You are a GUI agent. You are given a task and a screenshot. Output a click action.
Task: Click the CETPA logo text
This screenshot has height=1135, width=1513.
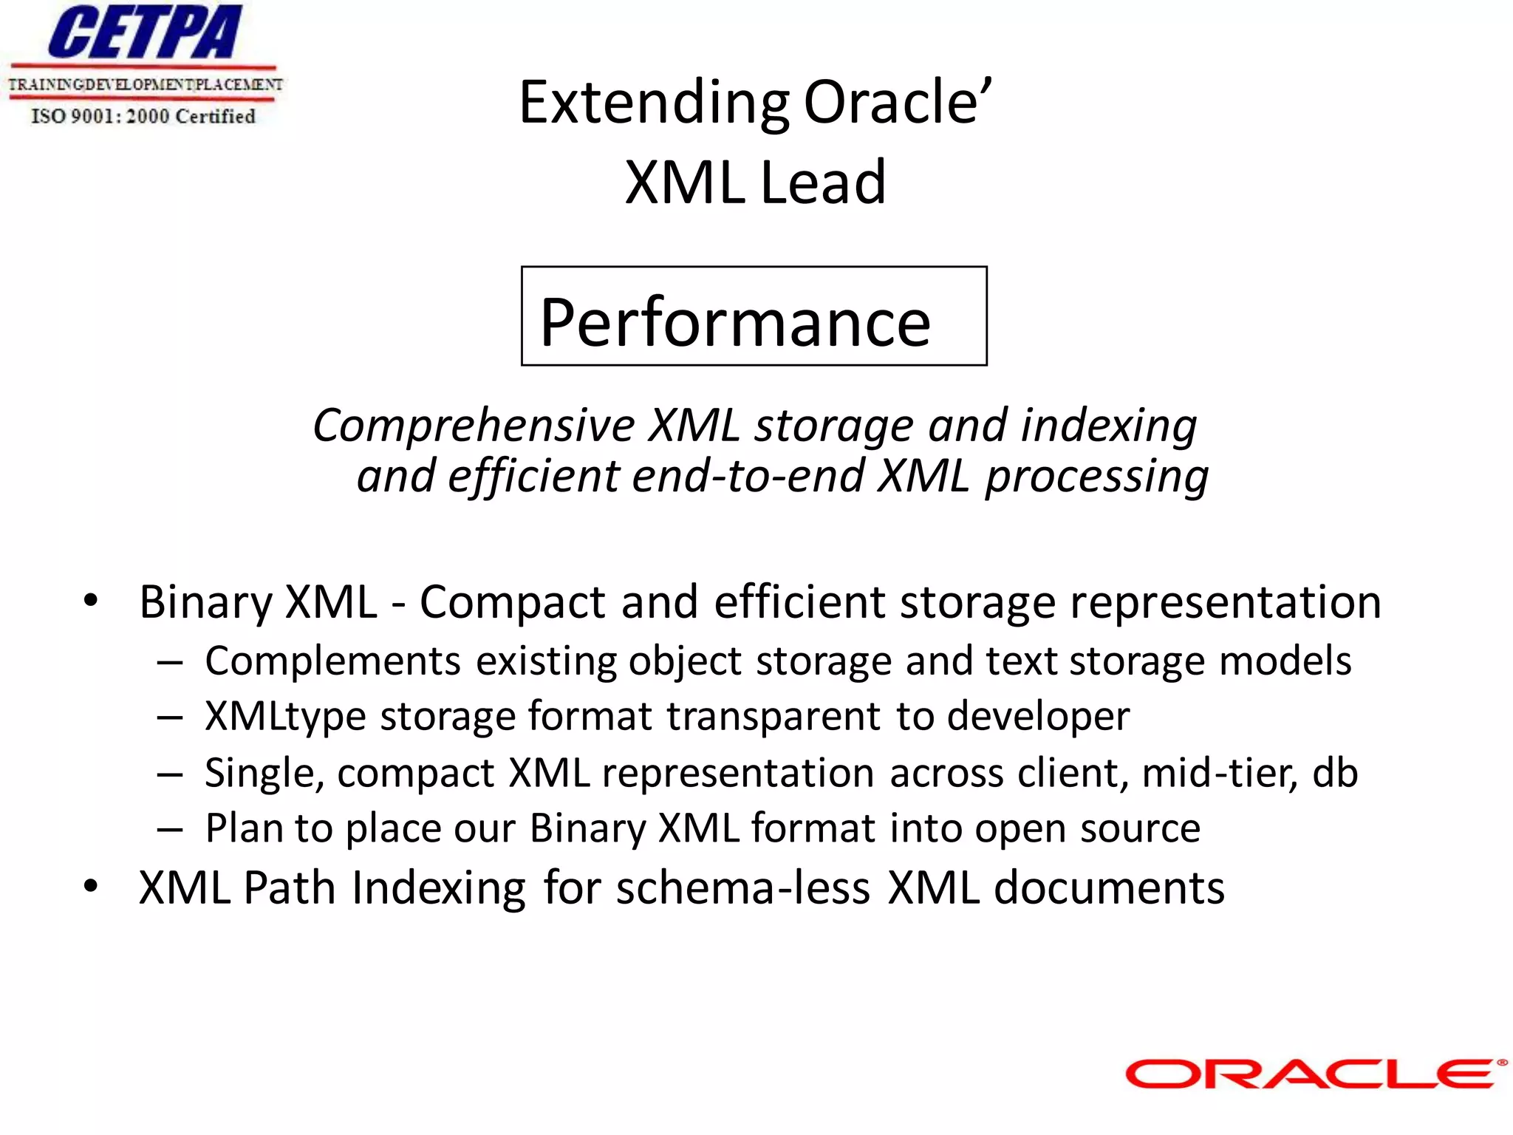click(x=145, y=33)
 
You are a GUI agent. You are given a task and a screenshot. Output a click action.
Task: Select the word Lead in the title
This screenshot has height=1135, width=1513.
click(x=822, y=182)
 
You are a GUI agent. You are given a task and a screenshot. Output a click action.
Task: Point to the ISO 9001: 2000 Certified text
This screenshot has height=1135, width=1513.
click(x=143, y=116)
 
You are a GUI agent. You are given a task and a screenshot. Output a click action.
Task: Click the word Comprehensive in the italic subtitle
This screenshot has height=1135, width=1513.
click(x=474, y=426)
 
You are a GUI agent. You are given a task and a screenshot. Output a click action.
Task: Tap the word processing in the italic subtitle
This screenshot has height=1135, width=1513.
click(x=1097, y=476)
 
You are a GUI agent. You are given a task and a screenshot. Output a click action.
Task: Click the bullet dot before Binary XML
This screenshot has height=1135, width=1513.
click(x=90, y=600)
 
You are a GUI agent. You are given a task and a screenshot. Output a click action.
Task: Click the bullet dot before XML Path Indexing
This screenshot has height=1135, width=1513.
click(x=90, y=886)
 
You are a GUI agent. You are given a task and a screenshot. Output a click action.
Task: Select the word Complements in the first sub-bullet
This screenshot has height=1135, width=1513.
click(x=333, y=661)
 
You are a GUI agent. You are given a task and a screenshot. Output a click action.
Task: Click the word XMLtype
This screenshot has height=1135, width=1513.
click(x=285, y=716)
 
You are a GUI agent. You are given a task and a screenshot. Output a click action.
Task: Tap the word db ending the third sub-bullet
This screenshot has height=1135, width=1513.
click(x=1334, y=773)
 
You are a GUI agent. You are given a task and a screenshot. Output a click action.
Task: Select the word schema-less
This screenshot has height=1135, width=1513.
click(x=742, y=887)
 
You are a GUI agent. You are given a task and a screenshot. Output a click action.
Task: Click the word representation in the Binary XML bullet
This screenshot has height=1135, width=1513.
click(x=1226, y=601)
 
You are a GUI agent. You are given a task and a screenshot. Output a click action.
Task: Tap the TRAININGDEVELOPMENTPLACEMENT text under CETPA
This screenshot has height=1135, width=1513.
click(x=145, y=84)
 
